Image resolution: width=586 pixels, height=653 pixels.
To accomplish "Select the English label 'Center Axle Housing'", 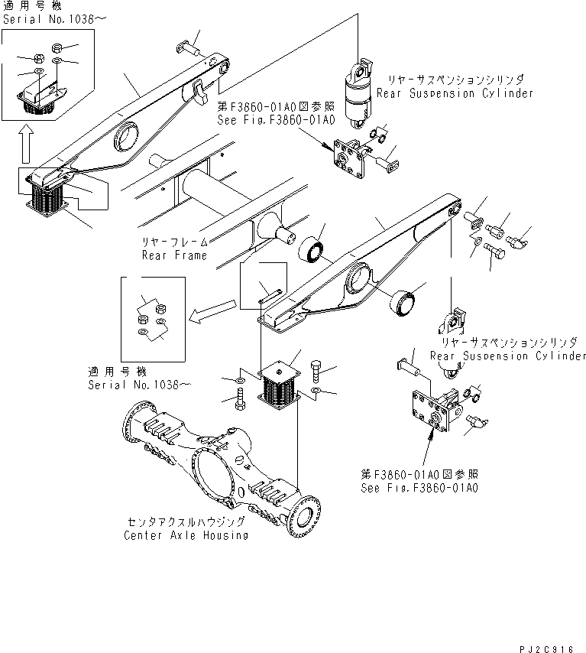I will pyautogui.click(x=186, y=535).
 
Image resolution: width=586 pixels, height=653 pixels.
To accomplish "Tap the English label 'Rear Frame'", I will pyautogui.click(x=174, y=255).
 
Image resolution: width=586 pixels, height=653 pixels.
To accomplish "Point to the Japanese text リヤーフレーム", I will pyautogui.click(x=173, y=241).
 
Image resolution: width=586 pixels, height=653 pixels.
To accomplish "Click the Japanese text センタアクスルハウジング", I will pyautogui.click(x=186, y=521).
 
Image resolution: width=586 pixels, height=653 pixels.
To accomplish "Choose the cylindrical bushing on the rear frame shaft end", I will pyautogui.click(x=314, y=250).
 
